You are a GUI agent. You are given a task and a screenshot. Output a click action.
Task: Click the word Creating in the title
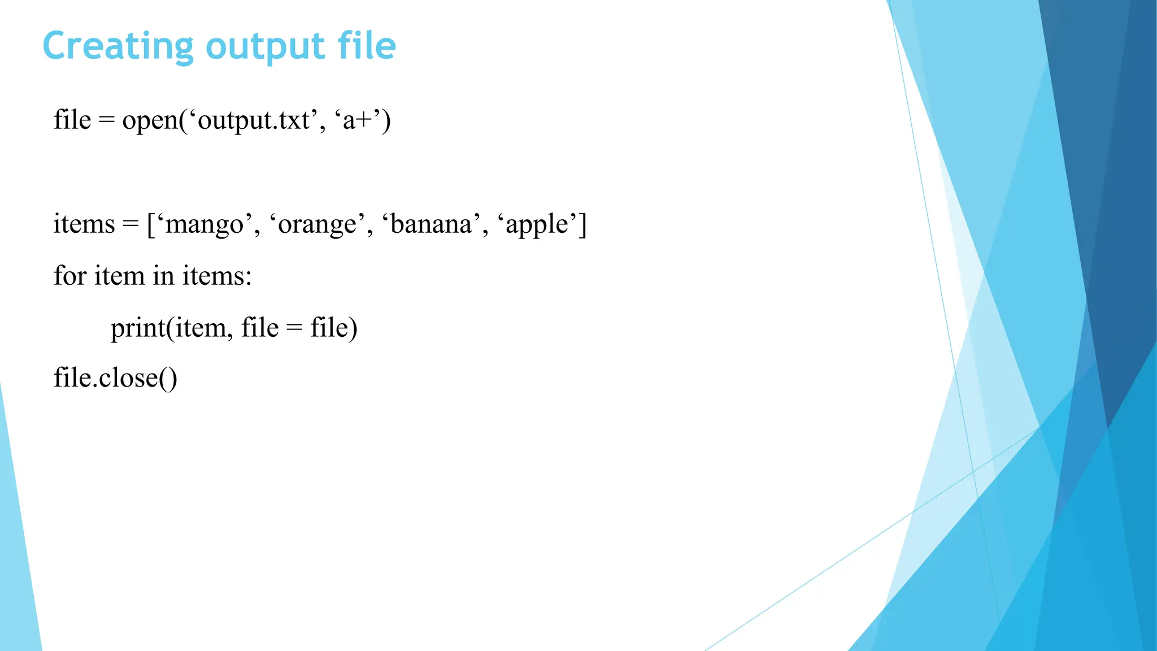(118, 47)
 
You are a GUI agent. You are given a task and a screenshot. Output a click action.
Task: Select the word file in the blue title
(367, 46)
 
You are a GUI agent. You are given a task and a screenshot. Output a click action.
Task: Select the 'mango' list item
(204, 224)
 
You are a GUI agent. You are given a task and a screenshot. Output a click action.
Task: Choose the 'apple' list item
(537, 224)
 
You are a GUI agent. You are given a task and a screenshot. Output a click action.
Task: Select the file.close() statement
(115, 377)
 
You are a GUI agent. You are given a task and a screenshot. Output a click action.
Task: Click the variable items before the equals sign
(84, 224)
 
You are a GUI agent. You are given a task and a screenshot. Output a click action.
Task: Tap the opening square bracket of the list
(151, 224)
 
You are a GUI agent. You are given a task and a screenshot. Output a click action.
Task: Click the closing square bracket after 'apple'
(583, 224)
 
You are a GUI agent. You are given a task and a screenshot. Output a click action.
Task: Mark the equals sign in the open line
(106, 120)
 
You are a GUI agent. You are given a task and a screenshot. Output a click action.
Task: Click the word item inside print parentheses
(199, 328)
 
